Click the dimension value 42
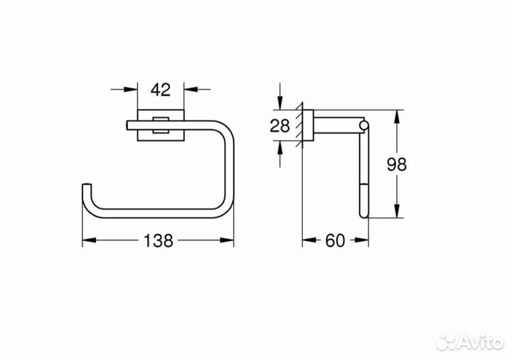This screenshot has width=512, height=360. click(x=160, y=90)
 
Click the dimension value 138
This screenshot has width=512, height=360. click(x=158, y=241)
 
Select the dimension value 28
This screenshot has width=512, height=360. click(x=280, y=126)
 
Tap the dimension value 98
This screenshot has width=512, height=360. click(x=397, y=164)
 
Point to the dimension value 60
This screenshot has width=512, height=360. click(x=335, y=241)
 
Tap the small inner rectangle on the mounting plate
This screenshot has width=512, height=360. click(x=160, y=125)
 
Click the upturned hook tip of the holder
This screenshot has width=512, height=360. click(x=86, y=186)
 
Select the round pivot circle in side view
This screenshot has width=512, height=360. click(x=364, y=125)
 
